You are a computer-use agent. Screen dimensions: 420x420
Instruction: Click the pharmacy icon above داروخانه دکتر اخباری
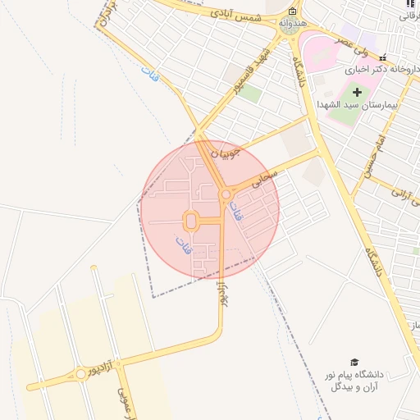[x=383, y=57]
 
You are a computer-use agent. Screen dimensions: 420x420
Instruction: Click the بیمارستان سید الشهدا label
[x=358, y=106]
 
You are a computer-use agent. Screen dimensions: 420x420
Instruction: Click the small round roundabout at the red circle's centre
[x=226, y=194]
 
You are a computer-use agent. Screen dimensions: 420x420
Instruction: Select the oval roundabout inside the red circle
[x=191, y=221]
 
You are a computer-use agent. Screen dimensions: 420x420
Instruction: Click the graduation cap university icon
[x=354, y=362]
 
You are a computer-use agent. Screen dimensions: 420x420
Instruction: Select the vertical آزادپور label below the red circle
[x=221, y=293]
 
